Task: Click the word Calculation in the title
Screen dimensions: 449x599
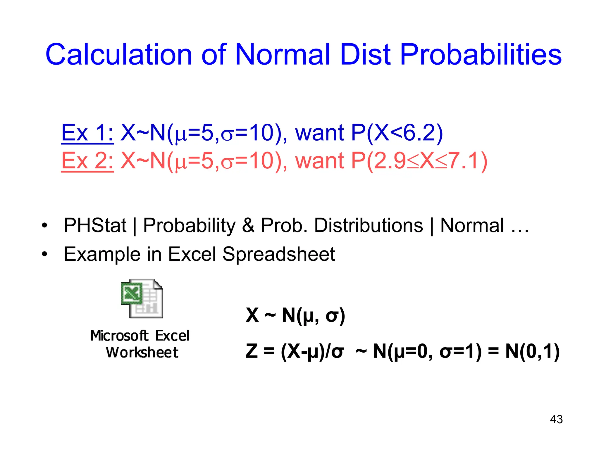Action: pyautogui.click(x=118, y=55)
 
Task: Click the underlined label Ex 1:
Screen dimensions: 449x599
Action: pyautogui.click(x=87, y=133)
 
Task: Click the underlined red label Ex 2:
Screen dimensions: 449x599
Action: pyautogui.click(x=87, y=161)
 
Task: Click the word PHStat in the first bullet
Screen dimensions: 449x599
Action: pyautogui.click(x=95, y=226)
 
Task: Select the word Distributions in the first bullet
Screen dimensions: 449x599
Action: pyautogui.click(x=369, y=226)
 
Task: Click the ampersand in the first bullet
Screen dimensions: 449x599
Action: pyautogui.click(x=248, y=226)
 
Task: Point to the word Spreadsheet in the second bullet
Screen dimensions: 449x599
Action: pyautogui.click(x=278, y=254)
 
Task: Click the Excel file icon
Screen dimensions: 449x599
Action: pyautogui.click(x=142, y=299)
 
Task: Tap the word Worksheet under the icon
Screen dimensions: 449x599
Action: pyautogui.click(x=142, y=353)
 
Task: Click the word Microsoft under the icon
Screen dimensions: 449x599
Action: pyautogui.click(x=119, y=336)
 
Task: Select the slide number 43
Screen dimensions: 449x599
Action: pyautogui.click(x=556, y=419)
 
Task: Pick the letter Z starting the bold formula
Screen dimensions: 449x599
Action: pyautogui.click(x=252, y=351)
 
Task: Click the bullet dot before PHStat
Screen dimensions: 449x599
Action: pyautogui.click(x=44, y=226)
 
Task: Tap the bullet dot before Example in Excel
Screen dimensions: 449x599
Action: pyautogui.click(x=44, y=254)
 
